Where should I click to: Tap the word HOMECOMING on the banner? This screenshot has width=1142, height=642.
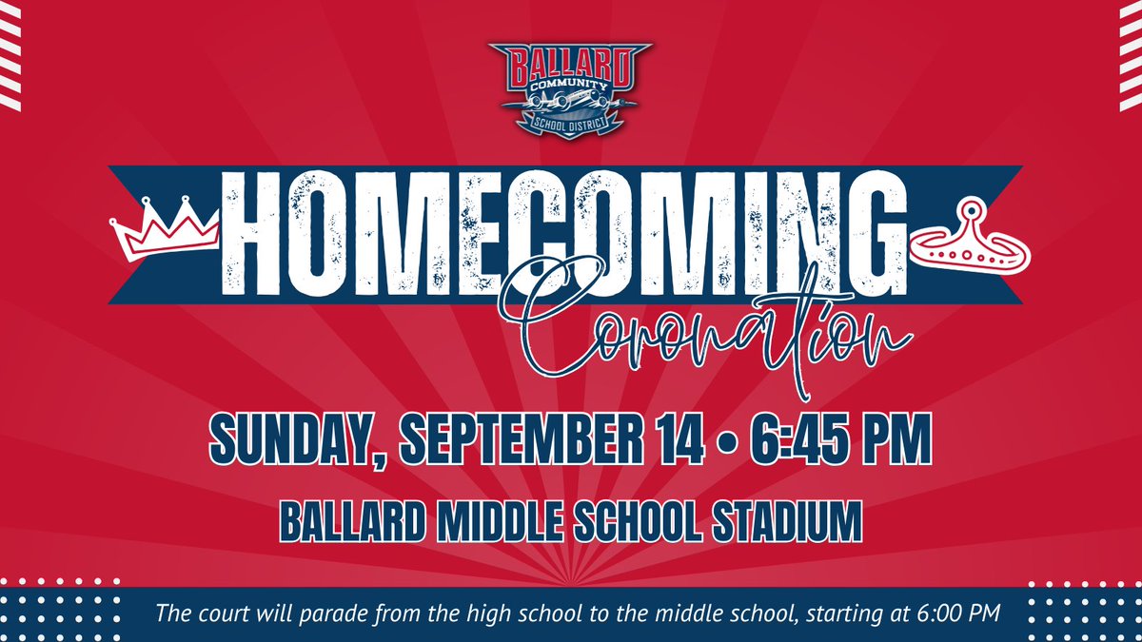click(x=565, y=233)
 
